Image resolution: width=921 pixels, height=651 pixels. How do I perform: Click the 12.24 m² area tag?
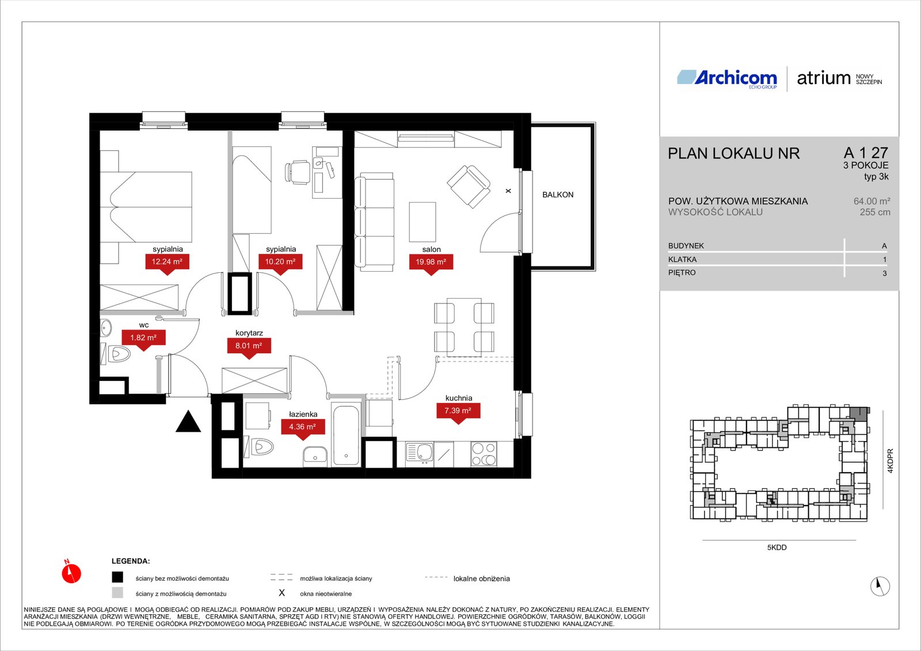pyautogui.click(x=167, y=262)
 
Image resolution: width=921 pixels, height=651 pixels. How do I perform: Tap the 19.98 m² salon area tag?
pyautogui.click(x=431, y=262)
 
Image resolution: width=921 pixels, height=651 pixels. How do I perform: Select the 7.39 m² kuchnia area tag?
pyautogui.click(x=458, y=411)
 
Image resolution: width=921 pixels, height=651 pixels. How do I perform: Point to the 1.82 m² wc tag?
pyautogui.click(x=143, y=338)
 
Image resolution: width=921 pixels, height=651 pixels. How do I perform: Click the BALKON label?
pyautogui.click(x=558, y=195)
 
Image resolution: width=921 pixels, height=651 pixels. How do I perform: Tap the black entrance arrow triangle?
pyautogui.click(x=188, y=421)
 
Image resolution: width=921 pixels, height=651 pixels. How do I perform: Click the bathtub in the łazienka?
pyautogui.click(x=346, y=436)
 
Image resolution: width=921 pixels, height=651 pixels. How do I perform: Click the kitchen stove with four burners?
pyautogui.click(x=484, y=454)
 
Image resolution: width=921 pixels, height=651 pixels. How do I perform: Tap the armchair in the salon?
pyautogui.click(x=469, y=186)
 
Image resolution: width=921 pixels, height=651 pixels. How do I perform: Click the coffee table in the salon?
pyautogui.click(x=423, y=222)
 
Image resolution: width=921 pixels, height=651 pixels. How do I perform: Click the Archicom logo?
pyautogui.click(x=727, y=78)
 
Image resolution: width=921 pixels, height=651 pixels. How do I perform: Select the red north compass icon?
pyautogui.click(x=71, y=572)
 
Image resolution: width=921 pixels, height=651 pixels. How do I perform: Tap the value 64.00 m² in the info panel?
pyautogui.click(x=871, y=201)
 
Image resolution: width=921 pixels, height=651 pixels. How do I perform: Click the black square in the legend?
pyautogui.click(x=117, y=577)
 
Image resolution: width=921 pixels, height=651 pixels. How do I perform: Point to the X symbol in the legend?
pyautogui.click(x=281, y=593)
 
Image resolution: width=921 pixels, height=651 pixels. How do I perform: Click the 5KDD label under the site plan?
pyautogui.click(x=777, y=547)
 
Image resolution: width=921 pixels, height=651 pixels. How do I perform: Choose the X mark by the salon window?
pyautogui.click(x=508, y=191)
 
